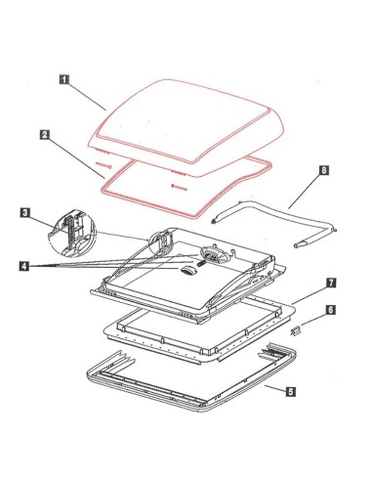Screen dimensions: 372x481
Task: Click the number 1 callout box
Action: pos(64,79)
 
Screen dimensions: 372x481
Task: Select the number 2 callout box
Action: pos(45,135)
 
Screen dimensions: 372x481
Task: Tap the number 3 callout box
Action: pos(25,213)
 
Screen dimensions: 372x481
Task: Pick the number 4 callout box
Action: pos(23,266)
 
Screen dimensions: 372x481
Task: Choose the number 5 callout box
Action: pos(291,391)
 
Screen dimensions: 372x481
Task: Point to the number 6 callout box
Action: pos(330,310)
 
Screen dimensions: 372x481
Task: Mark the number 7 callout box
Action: pos(331,283)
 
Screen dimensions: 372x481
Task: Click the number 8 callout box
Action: pos(324,170)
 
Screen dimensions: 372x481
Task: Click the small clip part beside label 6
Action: pos(296,331)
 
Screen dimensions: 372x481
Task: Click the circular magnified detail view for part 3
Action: pos(72,234)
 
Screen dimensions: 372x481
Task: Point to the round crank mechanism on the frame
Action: pos(212,252)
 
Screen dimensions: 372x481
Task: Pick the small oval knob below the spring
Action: pos(186,271)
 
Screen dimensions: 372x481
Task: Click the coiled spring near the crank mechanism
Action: pos(200,263)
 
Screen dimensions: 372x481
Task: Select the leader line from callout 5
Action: pos(275,388)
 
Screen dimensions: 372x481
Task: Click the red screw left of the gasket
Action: pos(103,165)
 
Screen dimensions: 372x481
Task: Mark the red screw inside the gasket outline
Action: pos(179,187)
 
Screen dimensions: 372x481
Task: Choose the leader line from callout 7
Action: pos(310,295)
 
